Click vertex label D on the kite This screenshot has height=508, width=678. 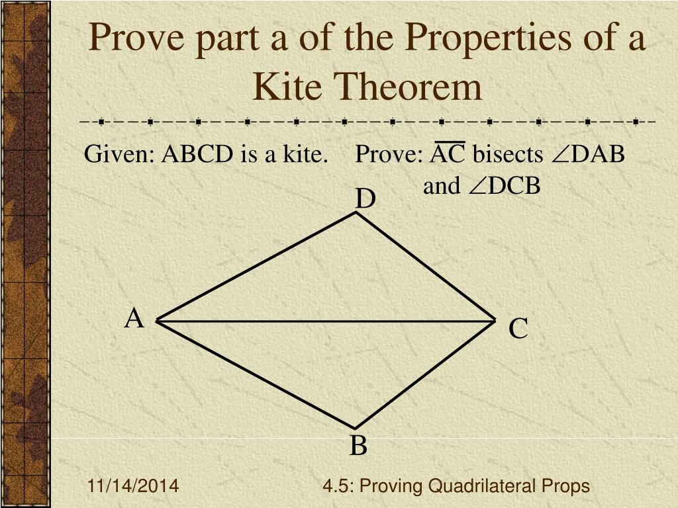pyautogui.click(x=365, y=199)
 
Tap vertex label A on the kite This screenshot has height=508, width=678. pyautogui.click(x=134, y=319)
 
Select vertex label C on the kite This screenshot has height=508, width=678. pyautogui.click(x=518, y=329)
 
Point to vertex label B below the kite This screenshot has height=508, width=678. pyautogui.click(x=358, y=446)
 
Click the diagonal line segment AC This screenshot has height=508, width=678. pyautogui.click(x=324, y=321)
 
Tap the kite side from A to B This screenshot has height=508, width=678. pyautogui.click(x=255, y=374)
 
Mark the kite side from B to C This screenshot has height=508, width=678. pyautogui.click(x=426, y=374)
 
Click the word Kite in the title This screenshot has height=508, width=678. pyautogui.click(x=288, y=87)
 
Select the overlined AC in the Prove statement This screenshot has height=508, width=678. pyautogui.click(x=448, y=155)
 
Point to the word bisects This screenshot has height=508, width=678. pyautogui.click(x=507, y=155)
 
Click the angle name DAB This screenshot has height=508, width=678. pyautogui.click(x=598, y=155)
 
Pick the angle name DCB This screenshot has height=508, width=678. pyautogui.click(x=514, y=187)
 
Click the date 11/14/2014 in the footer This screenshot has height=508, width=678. pyautogui.click(x=133, y=487)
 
